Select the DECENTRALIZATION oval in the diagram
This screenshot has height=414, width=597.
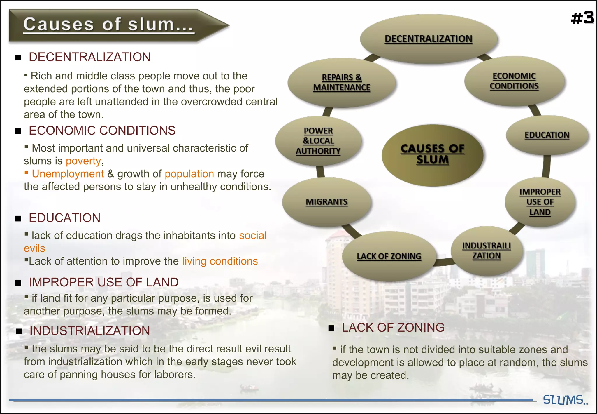428,39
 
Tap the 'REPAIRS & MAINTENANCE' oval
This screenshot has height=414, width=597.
342,83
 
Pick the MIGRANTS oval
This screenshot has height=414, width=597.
326,202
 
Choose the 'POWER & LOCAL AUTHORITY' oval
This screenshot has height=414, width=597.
318,141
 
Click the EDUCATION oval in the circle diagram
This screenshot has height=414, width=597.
547,135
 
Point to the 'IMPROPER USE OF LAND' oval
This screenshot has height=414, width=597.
540,202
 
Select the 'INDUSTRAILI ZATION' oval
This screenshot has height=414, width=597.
487,251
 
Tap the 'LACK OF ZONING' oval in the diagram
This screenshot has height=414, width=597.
389,256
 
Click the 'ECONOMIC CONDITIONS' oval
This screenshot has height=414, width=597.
514,81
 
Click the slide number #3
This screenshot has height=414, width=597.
582,18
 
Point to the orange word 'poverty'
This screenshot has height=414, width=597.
83,161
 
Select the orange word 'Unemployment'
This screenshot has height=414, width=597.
68,174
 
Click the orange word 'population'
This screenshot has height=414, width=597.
189,174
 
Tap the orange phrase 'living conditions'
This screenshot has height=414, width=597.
220,261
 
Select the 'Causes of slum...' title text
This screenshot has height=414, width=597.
108,24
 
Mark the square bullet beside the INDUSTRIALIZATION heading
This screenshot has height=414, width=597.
19,331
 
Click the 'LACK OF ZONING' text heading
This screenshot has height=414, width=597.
393,328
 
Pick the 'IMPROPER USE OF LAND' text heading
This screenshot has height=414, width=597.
103,282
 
